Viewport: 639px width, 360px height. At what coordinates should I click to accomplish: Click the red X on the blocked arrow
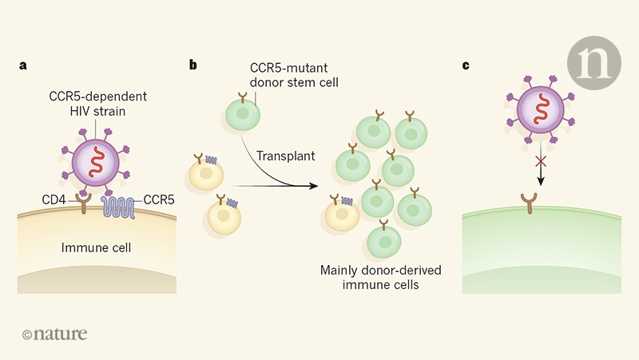pyautogui.click(x=539, y=162)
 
